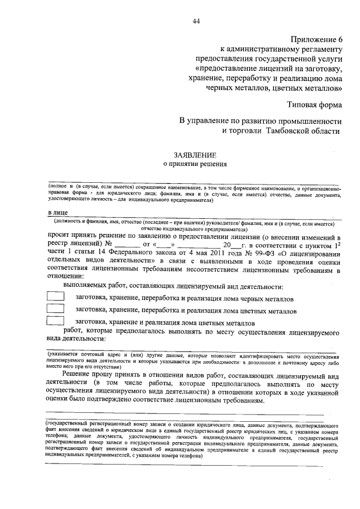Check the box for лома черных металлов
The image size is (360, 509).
point(55,296)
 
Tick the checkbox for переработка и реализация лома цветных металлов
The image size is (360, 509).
point(55,309)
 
